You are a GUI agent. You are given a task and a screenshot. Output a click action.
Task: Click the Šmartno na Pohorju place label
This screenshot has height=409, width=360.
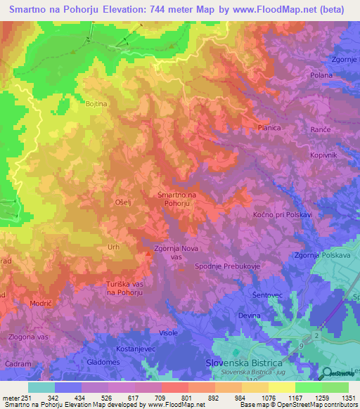point(176,199)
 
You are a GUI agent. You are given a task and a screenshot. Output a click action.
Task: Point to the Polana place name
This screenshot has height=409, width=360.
point(321,74)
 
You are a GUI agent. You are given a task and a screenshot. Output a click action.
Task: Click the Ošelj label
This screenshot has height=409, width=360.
point(124,202)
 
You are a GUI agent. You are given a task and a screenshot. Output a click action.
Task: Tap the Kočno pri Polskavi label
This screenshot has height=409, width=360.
point(282,214)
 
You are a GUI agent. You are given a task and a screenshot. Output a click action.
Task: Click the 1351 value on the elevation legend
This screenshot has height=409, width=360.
point(347,398)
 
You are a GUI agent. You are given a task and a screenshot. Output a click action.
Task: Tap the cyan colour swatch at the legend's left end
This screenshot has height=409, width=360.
point(41,387)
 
